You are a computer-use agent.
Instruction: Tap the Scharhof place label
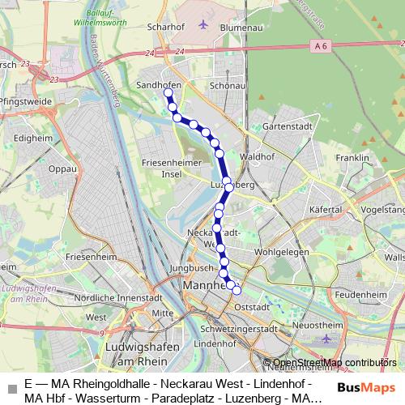167,26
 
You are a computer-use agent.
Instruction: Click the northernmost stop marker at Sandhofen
168,93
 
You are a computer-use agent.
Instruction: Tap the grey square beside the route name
10,387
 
